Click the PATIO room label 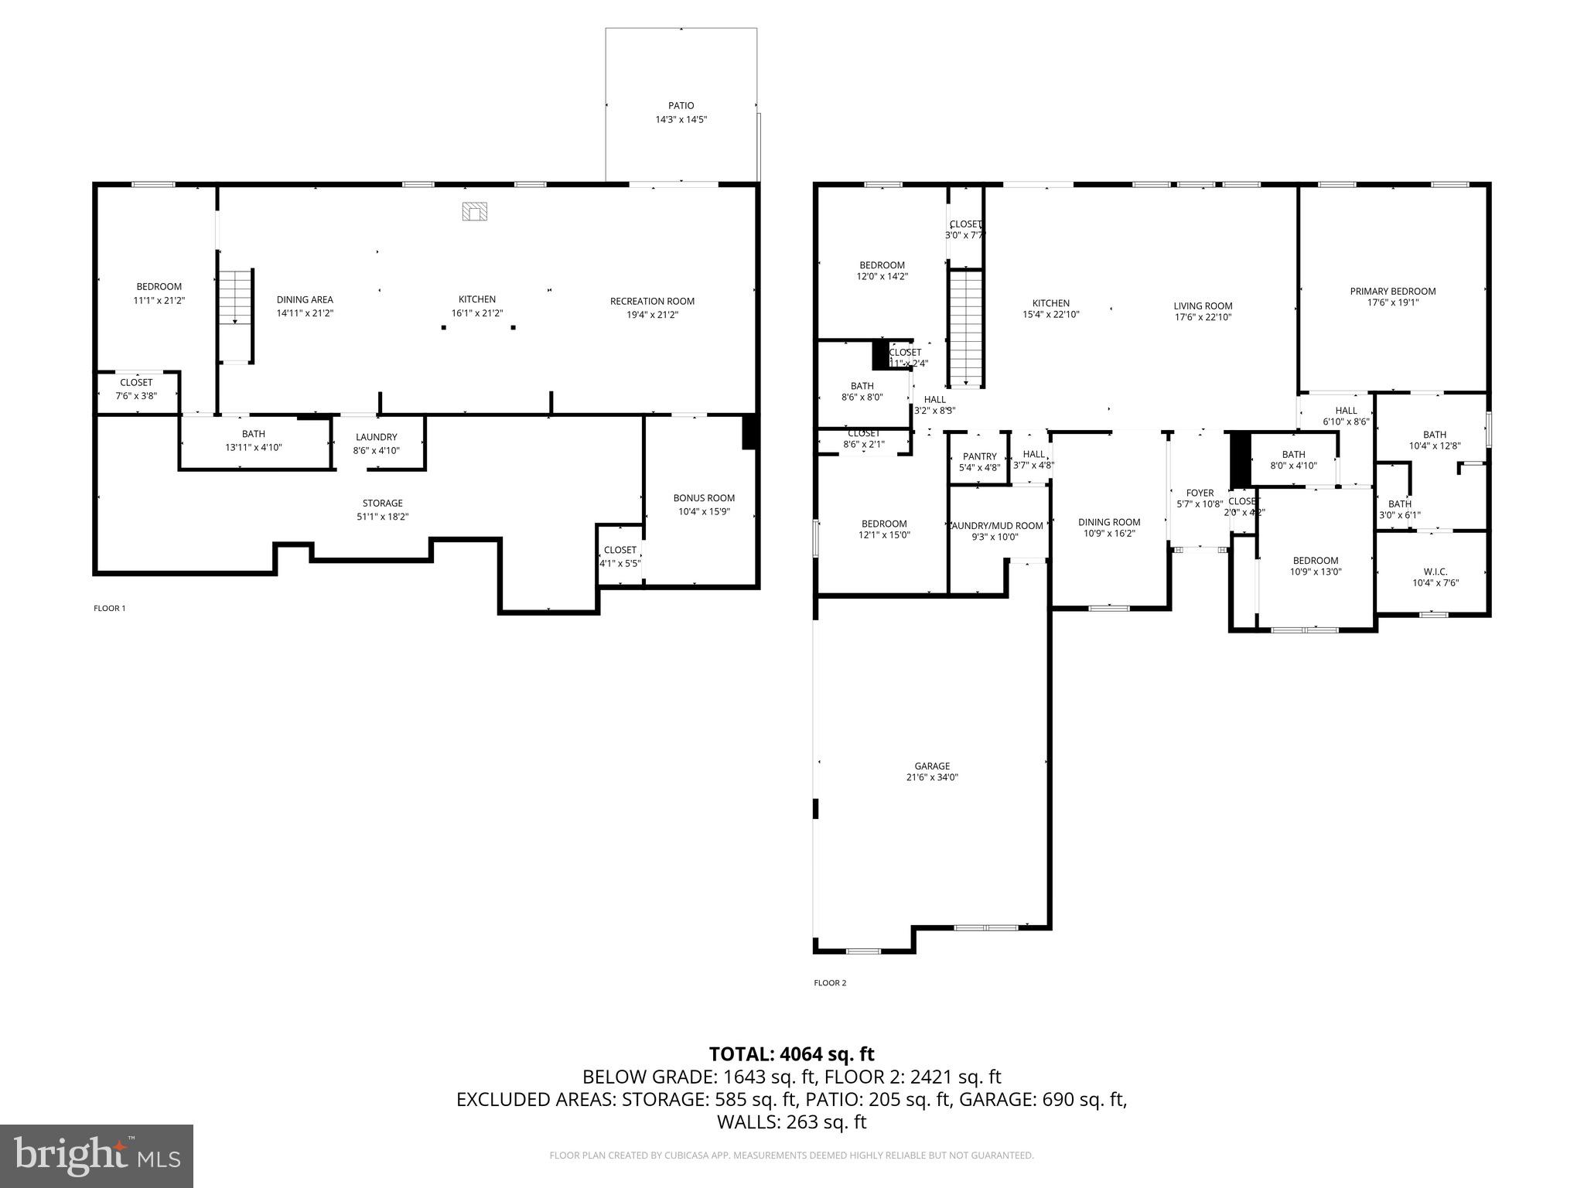tap(681, 106)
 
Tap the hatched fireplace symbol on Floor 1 tap(475, 211)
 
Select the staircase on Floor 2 tap(965, 328)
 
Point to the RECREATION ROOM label tap(652, 302)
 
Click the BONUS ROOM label tap(704, 498)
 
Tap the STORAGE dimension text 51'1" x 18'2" tap(382, 517)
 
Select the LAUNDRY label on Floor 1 tap(376, 437)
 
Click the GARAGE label tap(932, 766)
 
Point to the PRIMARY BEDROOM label tap(1392, 292)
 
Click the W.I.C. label tap(1435, 572)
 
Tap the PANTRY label tap(979, 456)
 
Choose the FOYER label tap(1200, 493)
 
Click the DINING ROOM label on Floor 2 tap(1109, 522)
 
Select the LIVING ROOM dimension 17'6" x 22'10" tap(1202, 317)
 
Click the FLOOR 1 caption tap(109, 608)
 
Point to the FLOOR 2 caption tap(830, 983)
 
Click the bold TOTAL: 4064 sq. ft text tap(791, 1054)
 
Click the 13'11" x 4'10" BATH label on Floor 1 tap(253, 447)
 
